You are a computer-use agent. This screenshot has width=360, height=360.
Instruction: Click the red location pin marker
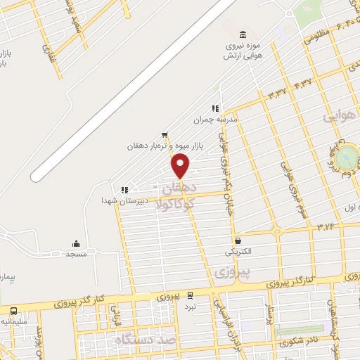181,165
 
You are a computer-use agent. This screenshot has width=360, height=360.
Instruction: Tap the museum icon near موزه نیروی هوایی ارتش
243,35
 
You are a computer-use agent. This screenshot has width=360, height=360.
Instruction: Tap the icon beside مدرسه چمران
215,108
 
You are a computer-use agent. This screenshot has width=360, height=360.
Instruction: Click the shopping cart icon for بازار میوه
165,134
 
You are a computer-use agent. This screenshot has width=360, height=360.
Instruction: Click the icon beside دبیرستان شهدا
124,189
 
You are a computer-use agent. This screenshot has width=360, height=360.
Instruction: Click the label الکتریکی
239,251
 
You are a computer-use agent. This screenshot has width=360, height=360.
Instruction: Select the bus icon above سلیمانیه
14,310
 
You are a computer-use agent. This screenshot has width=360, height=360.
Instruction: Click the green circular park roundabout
347,157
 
